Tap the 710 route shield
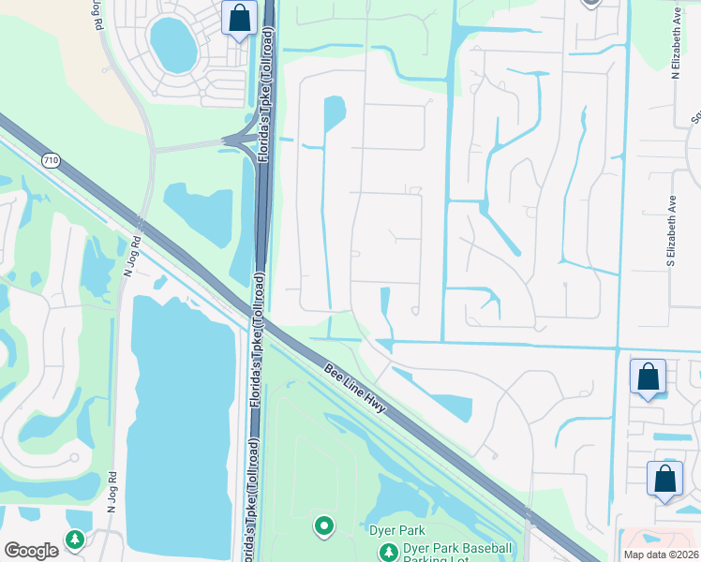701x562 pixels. [x=51, y=161]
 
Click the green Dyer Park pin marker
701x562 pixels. [x=324, y=526]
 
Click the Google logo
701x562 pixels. [x=31, y=551]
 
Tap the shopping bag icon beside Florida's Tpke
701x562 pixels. [x=239, y=18]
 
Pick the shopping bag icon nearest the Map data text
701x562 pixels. [x=664, y=479]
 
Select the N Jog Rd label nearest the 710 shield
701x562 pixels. [x=131, y=254]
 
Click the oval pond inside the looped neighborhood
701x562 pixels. [x=173, y=44]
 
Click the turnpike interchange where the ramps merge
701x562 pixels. [x=246, y=140]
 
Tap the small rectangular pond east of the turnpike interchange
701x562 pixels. [x=334, y=114]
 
